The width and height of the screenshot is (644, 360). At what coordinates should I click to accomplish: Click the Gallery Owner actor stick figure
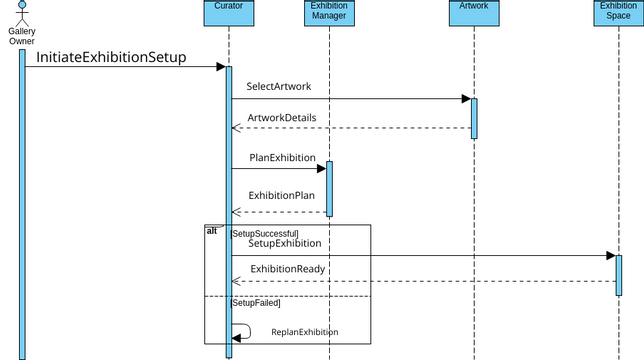point(22,12)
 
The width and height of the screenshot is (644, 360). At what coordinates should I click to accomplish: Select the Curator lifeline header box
point(228,11)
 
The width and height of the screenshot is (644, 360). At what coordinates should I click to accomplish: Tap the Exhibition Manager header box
point(329,11)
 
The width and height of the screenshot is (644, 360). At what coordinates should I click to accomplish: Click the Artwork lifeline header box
point(474,11)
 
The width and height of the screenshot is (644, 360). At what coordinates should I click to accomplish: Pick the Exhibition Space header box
point(619,11)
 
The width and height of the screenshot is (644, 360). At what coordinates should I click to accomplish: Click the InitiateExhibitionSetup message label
point(111,57)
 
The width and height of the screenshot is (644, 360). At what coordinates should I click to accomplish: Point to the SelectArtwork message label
point(278,86)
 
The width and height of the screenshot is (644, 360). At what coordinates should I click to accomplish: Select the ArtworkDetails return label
point(282,117)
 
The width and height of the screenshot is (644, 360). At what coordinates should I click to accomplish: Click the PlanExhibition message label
point(282,157)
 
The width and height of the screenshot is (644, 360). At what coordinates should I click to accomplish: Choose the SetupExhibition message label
point(285,243)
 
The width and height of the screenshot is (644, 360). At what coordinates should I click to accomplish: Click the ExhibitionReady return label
point(287,269)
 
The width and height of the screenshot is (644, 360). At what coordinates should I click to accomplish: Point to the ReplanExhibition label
point(305,332)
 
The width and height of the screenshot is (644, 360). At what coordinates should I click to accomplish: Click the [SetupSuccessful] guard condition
point(264,233)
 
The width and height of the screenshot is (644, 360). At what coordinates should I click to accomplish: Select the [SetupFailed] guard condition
point(256,302)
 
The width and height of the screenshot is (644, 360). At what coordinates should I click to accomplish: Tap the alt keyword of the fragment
point(212,231)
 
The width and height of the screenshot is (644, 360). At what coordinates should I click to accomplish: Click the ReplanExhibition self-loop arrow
point(243,331)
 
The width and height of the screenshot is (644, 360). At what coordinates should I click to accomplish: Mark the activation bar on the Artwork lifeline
point(474,118)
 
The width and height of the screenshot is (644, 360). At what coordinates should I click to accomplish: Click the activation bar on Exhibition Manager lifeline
point(329,188)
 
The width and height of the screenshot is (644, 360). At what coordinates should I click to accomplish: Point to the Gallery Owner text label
point(22,36)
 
